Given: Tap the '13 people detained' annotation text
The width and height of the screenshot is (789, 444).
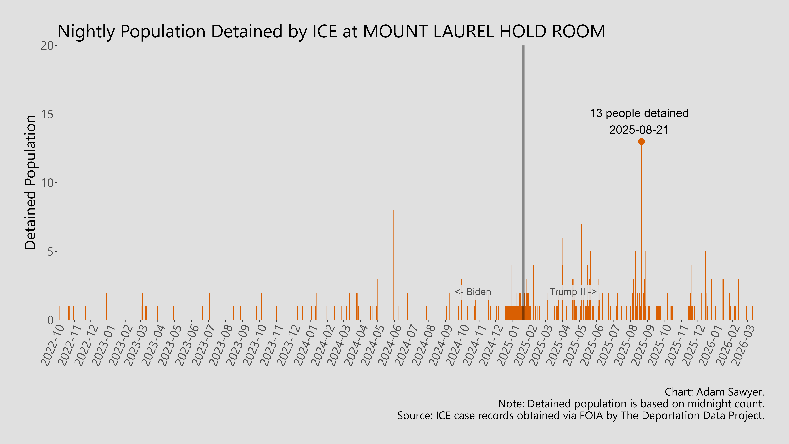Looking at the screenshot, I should pos(639,113).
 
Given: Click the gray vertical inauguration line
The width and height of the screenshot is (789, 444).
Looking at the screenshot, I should pos(523,153).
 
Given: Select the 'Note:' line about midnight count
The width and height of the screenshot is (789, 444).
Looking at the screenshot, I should pos(631,404).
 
